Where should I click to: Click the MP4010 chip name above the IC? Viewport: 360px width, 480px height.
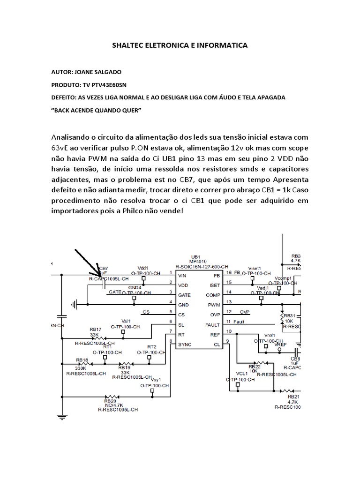[x=195, y=261]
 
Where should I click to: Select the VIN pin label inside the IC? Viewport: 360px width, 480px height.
[x=183, y=275]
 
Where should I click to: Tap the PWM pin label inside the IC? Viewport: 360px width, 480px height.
[x=213, y=305]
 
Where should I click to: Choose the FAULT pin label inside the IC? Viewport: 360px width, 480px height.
[x=212, y=325]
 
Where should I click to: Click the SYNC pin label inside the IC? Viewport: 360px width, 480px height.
[x=185, y=345]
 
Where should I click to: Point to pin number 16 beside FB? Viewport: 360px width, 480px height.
[x=229, y=272]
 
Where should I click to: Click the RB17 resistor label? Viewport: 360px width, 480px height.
[x=96, y=330]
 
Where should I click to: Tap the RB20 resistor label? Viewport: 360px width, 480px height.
[x=110, y=401]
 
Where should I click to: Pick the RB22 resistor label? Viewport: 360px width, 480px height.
[x=255, y=367]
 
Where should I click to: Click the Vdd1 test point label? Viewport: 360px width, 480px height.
[x=143, y=268]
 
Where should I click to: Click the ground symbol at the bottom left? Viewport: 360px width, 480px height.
[x=61, y=415]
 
